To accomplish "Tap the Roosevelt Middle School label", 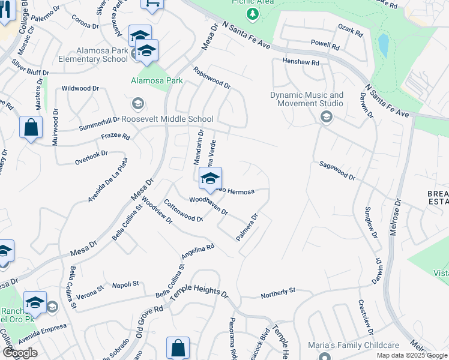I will click(167, 119).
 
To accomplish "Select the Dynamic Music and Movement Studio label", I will click(307, 99).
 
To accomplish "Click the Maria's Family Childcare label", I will click(353, 345).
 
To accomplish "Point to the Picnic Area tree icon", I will click(254, 14).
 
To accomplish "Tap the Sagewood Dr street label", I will click(337, 170).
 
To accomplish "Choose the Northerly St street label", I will click(278, 293).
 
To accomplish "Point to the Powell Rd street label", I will click(325, 44).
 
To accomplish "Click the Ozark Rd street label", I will click(351, 28).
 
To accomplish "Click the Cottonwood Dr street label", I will click(182, 211).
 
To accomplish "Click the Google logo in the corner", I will click(20, 353).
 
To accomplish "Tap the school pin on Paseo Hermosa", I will click(210, 179).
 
